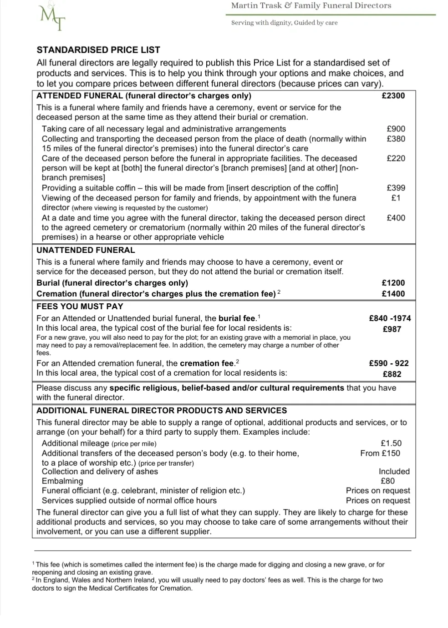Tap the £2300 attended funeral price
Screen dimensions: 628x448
(393, 95)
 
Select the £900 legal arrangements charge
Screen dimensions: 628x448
(396, 129)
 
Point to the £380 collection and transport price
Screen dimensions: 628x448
(396, 139)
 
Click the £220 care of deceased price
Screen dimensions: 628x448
(396, 158)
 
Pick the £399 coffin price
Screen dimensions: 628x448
(396, 188)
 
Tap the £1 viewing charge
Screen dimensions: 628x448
(396, 198)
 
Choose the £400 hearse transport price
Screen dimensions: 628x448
(396, 218)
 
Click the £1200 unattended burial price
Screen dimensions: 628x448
(393, 283)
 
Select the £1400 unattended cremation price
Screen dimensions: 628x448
(393, 294)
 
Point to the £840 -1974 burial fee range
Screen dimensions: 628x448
(390, 318)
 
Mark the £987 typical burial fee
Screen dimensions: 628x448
(392, 329)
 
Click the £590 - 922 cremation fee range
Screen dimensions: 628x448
(389, 363)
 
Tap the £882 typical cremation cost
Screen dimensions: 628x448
(392, 374)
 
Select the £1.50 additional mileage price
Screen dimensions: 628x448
(391, 443)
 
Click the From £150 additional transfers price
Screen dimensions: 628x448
(380, 453)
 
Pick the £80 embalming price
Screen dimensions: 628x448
(388, 481)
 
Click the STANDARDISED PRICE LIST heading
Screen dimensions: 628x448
(98, 50)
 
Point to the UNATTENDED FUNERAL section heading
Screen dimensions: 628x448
(86, 250)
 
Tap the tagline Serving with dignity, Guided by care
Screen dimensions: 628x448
(285, 23)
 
